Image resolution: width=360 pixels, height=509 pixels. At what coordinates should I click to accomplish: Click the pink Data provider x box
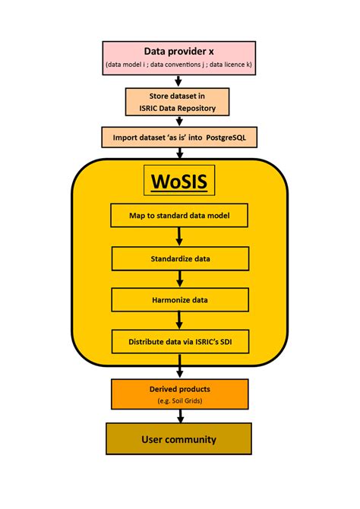[x=180, y=58]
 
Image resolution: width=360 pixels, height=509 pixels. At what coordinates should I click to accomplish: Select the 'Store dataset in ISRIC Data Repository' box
[x=180, y=101]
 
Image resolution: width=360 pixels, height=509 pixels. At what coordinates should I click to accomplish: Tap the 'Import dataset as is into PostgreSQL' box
[x=180, y=138]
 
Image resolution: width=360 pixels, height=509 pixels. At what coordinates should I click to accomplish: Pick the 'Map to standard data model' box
[x=180, y=216]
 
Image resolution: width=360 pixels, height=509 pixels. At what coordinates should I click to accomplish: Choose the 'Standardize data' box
[x=180, y=258]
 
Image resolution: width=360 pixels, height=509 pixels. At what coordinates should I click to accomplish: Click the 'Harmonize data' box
[x=180, y=299]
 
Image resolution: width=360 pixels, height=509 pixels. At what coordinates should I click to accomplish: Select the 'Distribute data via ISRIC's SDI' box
[x=180, y=341]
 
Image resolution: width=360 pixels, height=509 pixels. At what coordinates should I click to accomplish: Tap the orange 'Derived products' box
[x=180, y=394]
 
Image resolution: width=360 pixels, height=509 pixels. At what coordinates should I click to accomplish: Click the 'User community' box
[x=180, y=439]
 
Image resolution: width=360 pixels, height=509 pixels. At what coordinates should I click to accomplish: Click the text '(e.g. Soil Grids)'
[x=180, y=400]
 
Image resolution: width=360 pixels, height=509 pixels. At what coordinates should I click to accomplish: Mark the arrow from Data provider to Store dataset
[x=180, y=81]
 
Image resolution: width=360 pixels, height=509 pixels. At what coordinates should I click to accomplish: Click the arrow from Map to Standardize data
[x=180, y=236]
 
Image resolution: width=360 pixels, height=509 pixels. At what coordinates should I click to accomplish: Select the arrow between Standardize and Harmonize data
[x=180, y=279]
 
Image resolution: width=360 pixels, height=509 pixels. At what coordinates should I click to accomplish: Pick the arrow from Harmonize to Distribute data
[x=180, y=320]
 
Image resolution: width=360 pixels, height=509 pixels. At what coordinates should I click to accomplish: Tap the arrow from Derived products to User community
[x=180, y=416]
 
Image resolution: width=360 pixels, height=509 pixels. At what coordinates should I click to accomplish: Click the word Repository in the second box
[x=206, y=106]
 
